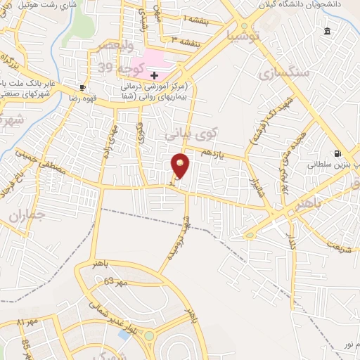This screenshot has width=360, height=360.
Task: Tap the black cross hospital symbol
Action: click(155, 75)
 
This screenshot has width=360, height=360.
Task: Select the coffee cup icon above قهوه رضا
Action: click(84, 87)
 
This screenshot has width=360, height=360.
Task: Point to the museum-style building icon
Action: click(327, 31)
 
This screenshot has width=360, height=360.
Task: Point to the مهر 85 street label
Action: click(26, 347)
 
